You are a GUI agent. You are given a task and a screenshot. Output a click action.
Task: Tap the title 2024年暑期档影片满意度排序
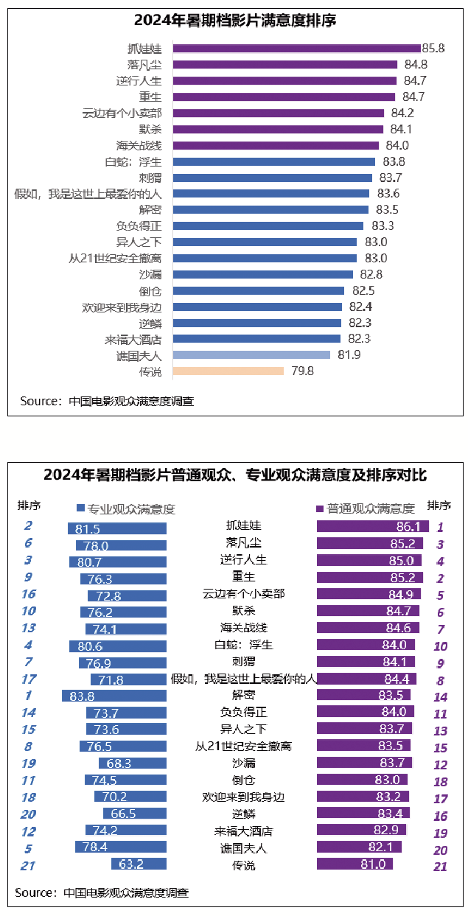pyautogui.click(x=235, y=21)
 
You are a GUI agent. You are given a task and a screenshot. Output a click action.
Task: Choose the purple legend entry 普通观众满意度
pyautogui.click(x=366, y=508)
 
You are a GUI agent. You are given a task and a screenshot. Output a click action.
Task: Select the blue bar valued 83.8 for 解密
pyautogui.click(x=114, y=695)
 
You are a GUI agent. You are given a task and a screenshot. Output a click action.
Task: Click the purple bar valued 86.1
pyautogui.click(x=372, y=526)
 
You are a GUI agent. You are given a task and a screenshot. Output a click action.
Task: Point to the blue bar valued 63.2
pyautogui.click(x=139, y=864)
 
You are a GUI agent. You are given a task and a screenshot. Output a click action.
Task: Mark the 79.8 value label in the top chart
pyautogui.click(x=302, y=371)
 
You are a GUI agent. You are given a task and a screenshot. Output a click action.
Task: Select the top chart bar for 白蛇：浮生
pyautogui.click(x=273, y=161)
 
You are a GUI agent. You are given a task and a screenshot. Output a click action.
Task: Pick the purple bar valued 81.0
pyautogui.click(x=354, y=864)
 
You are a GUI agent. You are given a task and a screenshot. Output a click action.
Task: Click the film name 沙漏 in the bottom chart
pyautogui.click(x=242, y=763)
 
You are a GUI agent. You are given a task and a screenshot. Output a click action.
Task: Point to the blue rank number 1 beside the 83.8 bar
pyautogui.click(x=28, y=695)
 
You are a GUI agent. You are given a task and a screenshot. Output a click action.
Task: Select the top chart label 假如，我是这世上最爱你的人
pyautogui.click(x=88, y=194)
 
